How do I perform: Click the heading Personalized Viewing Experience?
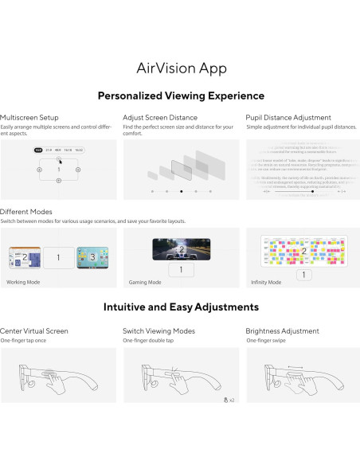coord(180,96)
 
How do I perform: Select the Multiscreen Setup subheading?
coord(29,116)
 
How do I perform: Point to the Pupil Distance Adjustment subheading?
coord(289,116)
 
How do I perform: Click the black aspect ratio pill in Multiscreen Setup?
coord(38,150)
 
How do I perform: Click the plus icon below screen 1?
coord(58,182)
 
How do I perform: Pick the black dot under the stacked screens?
coord(181,191)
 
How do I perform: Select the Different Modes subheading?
coord(26,212)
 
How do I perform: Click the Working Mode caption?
coord(23,281)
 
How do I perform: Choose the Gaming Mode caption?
coord(145,281)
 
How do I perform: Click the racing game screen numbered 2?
coord(180,248)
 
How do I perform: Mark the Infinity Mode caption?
coord(266,281)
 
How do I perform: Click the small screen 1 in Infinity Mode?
coord(303,275)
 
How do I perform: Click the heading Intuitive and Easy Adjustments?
coord(180,307)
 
